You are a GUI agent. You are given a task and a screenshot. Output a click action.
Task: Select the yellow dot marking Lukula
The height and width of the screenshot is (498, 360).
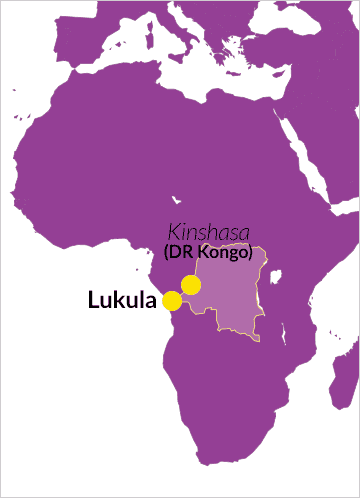point(172,300)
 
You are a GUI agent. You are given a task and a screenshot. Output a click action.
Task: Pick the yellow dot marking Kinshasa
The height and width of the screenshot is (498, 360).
point(191,285)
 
